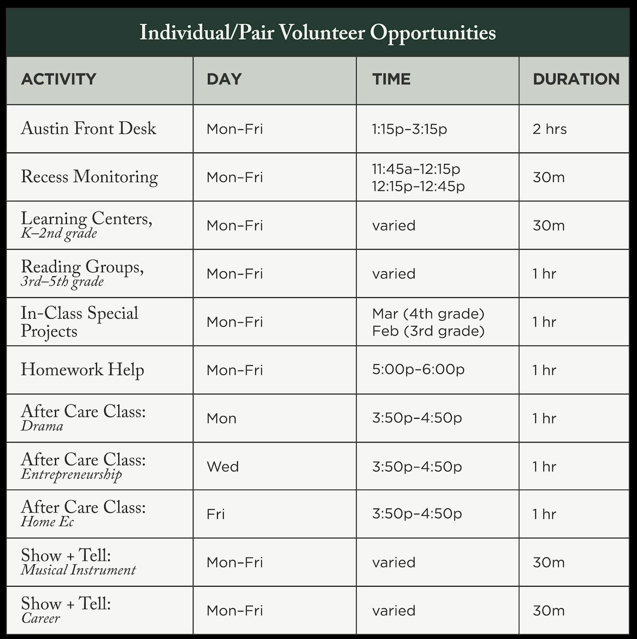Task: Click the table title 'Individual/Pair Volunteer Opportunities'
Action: click(x=318, y=33)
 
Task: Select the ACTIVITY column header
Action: click(x=59, y=79)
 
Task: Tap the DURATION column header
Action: click(x=576, y=79)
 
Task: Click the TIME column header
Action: click(x=391, y=79)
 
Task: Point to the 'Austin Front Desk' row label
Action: click(x=89, y=129)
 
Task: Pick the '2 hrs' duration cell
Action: click(x=550, y=129)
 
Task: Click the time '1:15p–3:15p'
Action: click(x=409, y=129)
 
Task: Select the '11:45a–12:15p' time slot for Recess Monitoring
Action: click(x=416, y=169)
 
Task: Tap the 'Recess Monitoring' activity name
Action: click(x=90, y=177)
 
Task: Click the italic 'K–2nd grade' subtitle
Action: click(x=59, y=234)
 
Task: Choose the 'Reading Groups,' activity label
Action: click(x=82, y=267)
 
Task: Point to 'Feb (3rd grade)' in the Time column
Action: click(x=428, y=331)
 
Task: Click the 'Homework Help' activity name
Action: click(x=82, y=370)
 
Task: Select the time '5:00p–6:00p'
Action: click(x=418, y=369)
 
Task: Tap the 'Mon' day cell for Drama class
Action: click(x=222, y=418)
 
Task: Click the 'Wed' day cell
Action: click(x=222, y=467)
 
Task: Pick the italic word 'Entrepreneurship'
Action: click(x=71, y=475)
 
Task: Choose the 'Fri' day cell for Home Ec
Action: click(x=216, y=514)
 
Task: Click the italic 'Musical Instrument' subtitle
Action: click(x=78, y=570)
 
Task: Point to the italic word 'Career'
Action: click(x=40, y=619)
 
